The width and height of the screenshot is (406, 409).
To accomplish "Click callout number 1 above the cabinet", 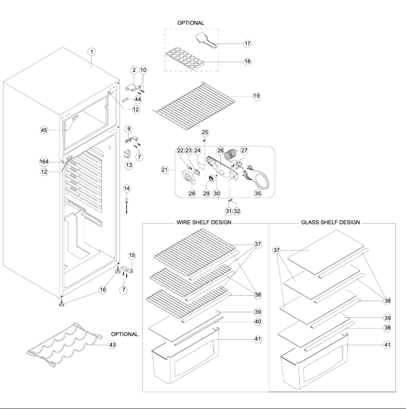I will tap(92, 52).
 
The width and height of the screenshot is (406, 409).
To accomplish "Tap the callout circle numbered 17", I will tap(248, 44).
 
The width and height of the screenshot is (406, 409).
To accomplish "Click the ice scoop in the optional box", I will tap(208, 40).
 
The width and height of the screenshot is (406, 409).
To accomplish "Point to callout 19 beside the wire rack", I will tap(256, 96).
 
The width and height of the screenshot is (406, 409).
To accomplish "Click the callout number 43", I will tap(112, 345).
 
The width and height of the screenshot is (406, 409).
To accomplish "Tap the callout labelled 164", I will tap(45, 162).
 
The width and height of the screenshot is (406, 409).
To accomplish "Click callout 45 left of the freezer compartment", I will tap(44, 130).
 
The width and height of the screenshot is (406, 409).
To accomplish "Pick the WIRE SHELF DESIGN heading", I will tap(204, 222).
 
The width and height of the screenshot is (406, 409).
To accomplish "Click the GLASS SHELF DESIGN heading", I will tap(330, 222).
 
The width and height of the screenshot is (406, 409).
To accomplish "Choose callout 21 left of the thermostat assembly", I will tap(165, 170).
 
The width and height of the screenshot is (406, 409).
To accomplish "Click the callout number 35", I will tap(258, 193).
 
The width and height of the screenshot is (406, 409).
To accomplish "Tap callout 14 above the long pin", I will tap(127, 188).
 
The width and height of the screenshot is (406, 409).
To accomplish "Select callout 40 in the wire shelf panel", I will tap(258, 321).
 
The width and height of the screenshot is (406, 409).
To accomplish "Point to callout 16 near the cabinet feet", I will tap(103, 290).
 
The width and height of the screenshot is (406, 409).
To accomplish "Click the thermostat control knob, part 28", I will tap(189, 178).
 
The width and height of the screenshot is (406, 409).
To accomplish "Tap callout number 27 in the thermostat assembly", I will tap(244, 150).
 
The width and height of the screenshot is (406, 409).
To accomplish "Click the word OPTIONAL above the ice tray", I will tap(190, 23).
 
